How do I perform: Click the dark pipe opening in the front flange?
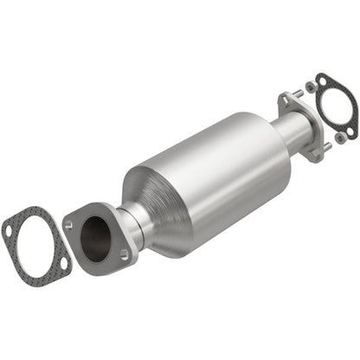pos(96,234)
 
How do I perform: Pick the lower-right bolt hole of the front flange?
pos(123,254)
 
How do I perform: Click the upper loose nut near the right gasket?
pos(310,87)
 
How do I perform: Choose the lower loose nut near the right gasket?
pos(340,137)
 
